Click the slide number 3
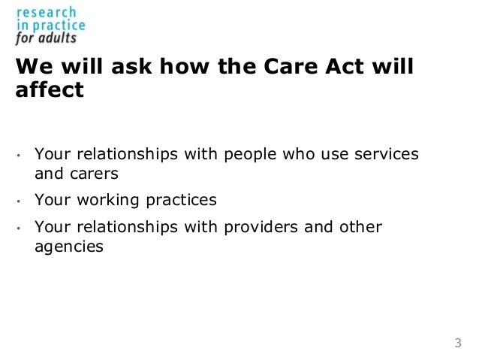click(457, 344)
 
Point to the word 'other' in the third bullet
click(363, 227)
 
